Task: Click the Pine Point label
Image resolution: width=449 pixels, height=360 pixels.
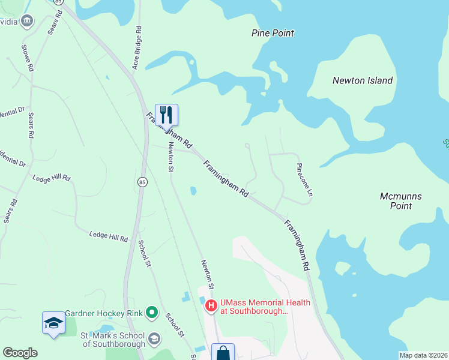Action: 273,33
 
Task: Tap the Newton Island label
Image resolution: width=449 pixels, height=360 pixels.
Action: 363,80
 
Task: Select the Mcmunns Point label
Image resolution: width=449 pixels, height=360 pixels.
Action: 396,201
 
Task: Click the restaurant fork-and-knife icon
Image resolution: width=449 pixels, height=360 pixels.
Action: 166,114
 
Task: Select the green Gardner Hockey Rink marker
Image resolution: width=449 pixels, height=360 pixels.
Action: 152,313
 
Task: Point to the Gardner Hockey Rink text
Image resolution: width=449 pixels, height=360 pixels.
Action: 104,313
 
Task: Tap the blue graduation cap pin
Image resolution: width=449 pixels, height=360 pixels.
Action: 53,323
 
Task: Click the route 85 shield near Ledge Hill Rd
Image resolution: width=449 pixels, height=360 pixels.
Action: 142,182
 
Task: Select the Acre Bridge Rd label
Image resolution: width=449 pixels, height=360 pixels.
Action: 137,48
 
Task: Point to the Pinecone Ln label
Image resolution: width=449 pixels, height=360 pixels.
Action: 304,180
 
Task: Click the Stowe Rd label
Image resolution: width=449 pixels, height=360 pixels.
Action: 27,58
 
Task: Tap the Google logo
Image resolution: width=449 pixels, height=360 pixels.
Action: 20,353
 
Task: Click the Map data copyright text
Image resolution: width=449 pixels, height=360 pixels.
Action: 423,355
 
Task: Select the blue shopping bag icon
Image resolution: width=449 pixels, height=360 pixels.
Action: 223,353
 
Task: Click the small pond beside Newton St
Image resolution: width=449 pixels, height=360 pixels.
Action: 192,191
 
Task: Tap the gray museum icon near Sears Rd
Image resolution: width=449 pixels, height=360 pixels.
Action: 26,22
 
